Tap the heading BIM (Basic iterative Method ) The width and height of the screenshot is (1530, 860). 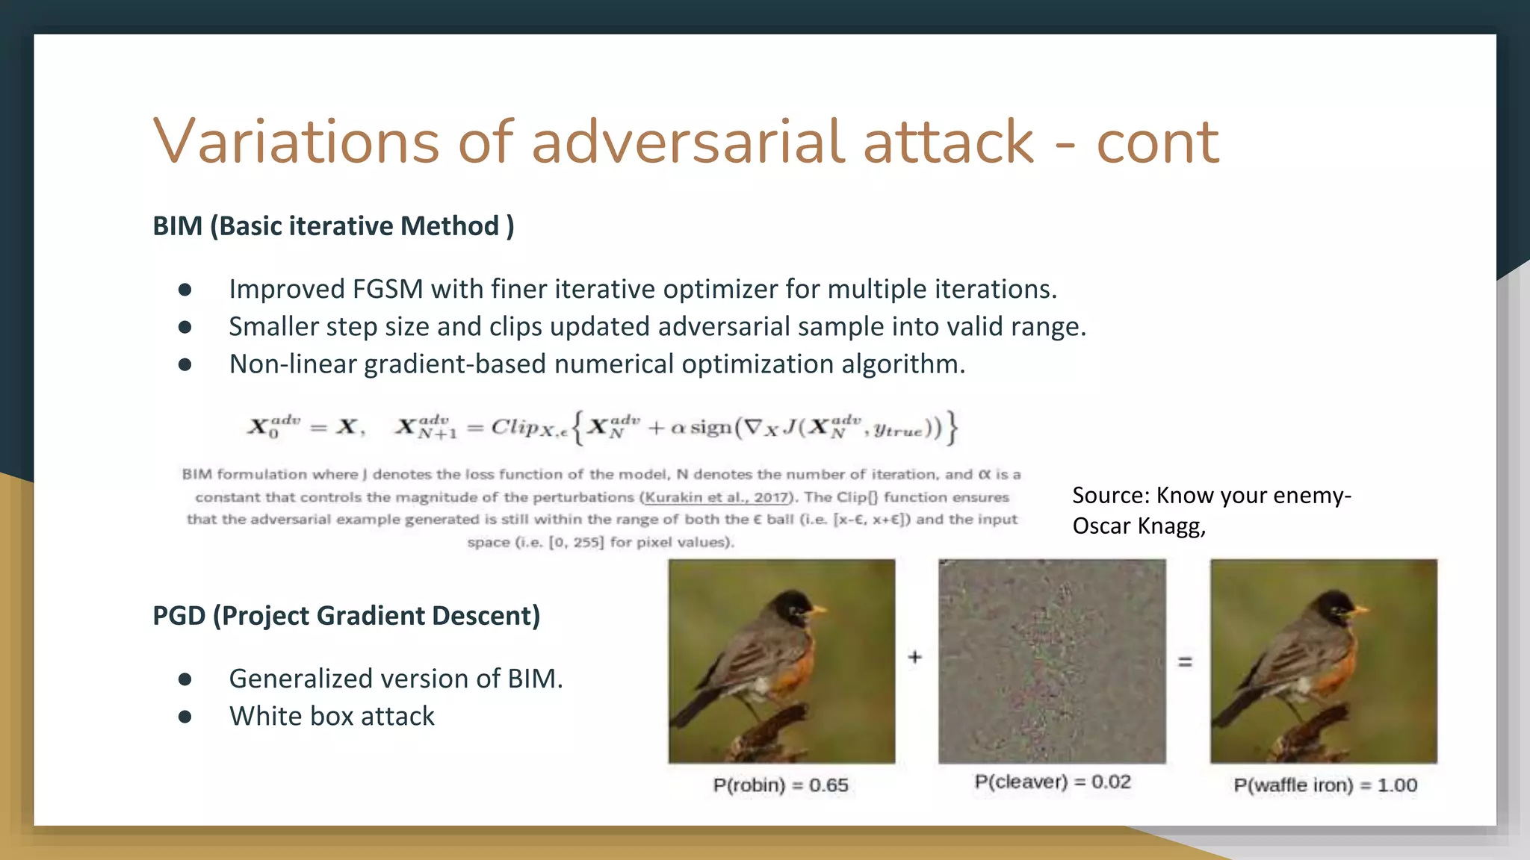click(333, 225)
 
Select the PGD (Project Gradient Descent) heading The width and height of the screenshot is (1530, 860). click(346, 615)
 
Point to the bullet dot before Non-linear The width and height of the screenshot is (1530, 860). click(185, 364)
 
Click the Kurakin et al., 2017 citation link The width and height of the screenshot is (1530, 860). click(716, 497)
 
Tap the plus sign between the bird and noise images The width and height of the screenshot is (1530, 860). click(915, 657)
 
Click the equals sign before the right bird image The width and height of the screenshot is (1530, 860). click(1185, 661)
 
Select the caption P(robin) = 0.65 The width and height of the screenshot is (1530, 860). click(780, 785)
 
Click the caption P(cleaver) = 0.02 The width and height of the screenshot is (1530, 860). click(1052, 782)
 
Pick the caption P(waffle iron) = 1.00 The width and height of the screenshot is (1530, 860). click(1325, 785)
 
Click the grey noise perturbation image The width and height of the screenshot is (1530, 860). click(1052, 661)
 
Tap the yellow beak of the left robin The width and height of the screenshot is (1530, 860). click(820, 610)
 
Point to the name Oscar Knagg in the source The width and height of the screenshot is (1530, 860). click(1138, 526)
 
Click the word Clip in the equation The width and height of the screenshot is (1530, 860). click(514, 427)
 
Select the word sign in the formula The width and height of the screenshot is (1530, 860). click(710, 428)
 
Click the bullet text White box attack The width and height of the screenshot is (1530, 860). click(332, 716)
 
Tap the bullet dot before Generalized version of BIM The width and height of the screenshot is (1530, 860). click(185, 679)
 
